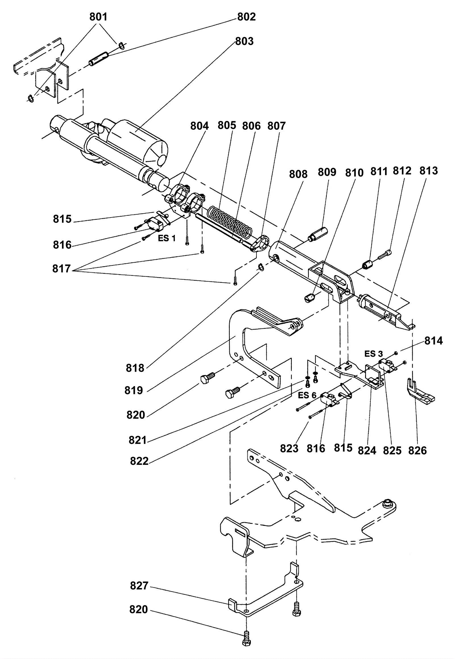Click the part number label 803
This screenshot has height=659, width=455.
(x=244, y=41)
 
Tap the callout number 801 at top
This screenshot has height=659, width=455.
(x=98, y=17)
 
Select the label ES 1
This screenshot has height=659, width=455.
(x=167, y=238)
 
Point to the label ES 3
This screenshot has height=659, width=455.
(x=373, y=354)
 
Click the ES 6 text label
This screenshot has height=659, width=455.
(x=307, y=396)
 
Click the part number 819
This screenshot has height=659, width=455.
(x=134, y=390)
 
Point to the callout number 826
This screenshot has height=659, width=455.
(x=417, y=451)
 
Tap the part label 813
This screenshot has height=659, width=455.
(x=429, y=171)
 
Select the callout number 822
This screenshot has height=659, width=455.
(x=139, y=461)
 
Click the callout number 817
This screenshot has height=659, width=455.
(x=61, y=268)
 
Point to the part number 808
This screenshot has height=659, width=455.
(x=298, y=174)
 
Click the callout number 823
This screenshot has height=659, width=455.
(x=289, y=449)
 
